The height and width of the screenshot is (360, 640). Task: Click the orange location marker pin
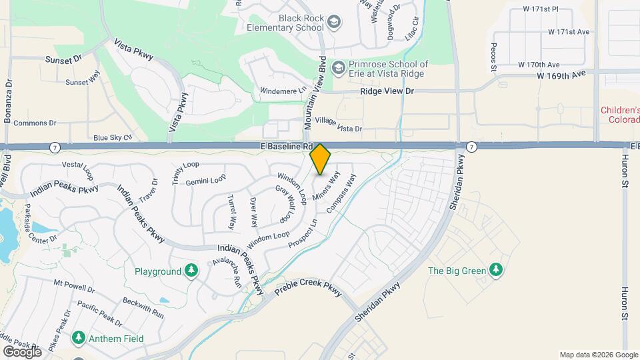click(321, 159)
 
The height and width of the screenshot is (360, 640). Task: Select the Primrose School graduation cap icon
click(339, 68)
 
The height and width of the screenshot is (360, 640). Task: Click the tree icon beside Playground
click(192, 271)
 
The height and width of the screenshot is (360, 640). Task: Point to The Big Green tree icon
click(495, 270)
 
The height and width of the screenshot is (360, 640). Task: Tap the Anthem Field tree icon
click(79, 338)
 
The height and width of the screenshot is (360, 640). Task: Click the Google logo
click(22, 351)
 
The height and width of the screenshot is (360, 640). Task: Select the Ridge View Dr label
click(387, 91)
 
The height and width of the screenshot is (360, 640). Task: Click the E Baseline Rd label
click(287, 146)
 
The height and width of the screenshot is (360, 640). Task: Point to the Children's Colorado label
click(620, 115)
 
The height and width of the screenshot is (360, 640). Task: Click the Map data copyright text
click(597, 355)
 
